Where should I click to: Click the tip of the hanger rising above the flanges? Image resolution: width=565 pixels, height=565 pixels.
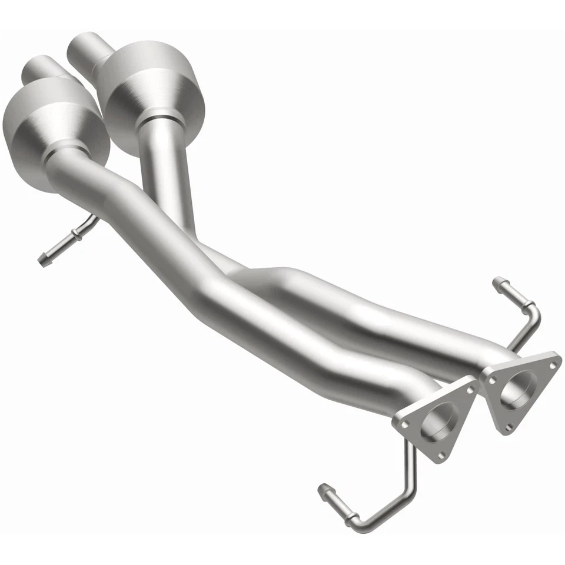pyautogui.click(x=497, y=281)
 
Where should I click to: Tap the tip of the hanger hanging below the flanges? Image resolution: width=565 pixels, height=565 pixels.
pyautogui.click(x=323, y=488)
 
